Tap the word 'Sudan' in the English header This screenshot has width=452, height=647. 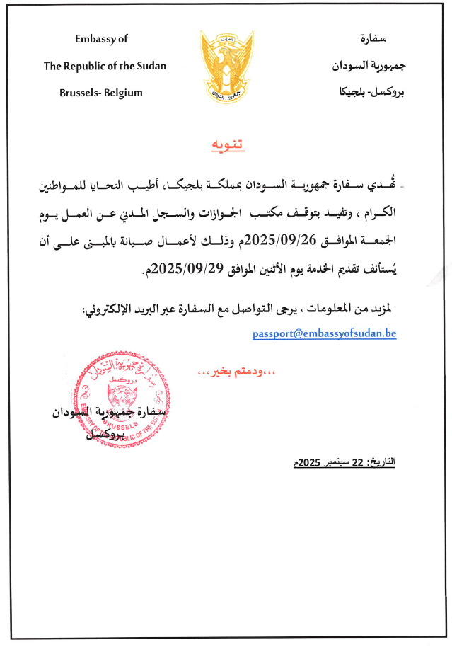(x=151, y=66)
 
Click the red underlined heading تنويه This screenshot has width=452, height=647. (x=226, y=146)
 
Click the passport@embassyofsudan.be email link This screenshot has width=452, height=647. (x=324, y=333)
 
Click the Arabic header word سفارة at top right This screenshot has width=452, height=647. (x=373, y=39)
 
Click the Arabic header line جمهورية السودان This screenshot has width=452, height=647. (x=364, y=66)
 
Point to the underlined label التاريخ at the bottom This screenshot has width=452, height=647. (x=383, y=462)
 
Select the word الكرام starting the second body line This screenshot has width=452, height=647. (x=378, y=212)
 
